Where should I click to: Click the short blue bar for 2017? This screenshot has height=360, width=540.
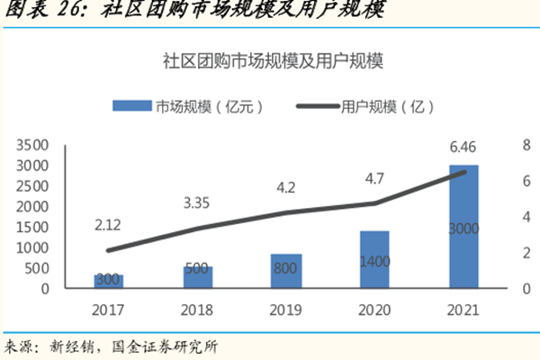coord(109,283)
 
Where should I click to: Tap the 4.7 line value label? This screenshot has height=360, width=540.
coord(374,178)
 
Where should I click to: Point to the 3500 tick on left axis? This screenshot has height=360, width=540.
coord(31,144)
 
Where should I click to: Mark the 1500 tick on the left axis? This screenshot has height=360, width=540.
coord(31,227)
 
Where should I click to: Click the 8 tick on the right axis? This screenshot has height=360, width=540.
coord(526,144)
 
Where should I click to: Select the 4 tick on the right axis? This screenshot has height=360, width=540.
coord(526,217)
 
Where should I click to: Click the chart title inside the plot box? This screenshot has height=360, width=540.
coord(273,62)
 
